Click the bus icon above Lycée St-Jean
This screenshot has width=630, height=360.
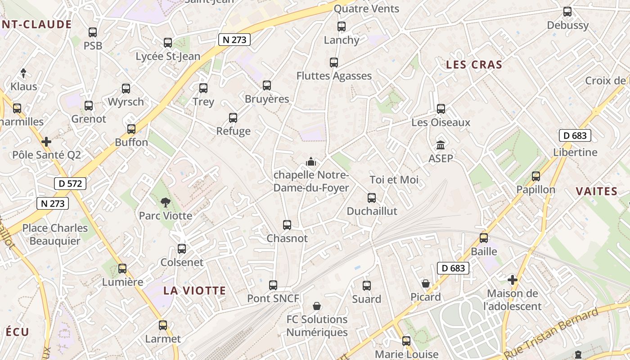coord(168,43)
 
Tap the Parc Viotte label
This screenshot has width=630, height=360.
coord(165,216)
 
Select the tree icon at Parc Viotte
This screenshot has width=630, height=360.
coord(166,202)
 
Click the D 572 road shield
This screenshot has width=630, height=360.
coord(70,183)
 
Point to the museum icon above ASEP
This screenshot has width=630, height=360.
coord(441,145)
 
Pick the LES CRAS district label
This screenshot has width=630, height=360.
coord(474,65)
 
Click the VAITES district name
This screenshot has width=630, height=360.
coord(597,191)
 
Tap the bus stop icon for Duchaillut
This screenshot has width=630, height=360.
coord(372,198)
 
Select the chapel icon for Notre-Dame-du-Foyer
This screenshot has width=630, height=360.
coord(311,161)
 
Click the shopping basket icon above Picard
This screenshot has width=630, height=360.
coord(426,283)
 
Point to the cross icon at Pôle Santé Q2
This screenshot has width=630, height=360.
coord(46,142)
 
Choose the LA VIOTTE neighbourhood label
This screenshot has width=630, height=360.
coord(194,291)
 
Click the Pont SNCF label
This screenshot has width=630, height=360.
coord(273,298)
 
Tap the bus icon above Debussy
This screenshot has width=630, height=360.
coord(567,12)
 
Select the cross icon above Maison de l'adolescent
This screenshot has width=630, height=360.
coord(513,280)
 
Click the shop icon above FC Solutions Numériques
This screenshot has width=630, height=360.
coord(317,306)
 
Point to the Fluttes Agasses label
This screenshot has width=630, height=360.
coord(334,76)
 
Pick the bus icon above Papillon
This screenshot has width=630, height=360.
coord(536,176)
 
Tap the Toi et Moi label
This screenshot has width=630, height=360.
coord(394,180)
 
